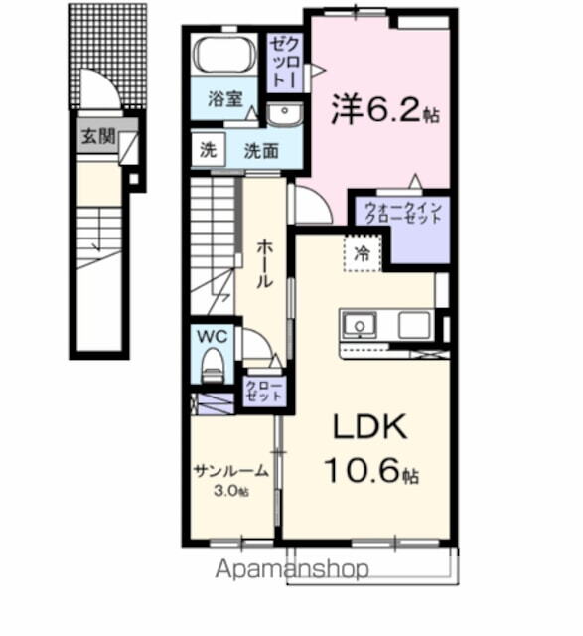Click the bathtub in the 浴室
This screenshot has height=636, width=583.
224,55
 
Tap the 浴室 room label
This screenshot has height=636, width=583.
224,99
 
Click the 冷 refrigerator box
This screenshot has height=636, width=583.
364,253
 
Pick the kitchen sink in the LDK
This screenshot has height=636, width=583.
359,323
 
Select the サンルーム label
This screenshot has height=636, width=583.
230,472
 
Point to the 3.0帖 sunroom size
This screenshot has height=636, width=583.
230,491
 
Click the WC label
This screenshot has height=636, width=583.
213,336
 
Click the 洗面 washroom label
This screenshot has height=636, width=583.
260,152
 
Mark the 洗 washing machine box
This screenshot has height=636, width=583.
208,151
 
